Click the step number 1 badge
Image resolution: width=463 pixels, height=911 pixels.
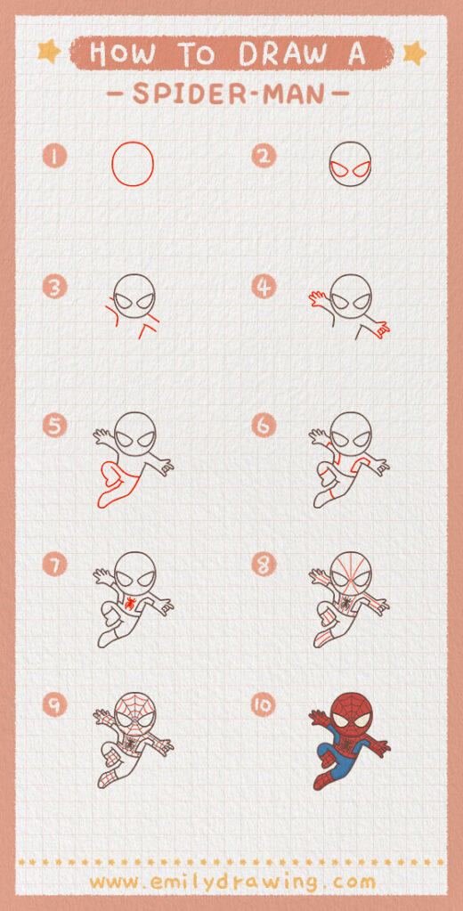(55, 158)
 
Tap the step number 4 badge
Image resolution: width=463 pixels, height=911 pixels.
(264, 288)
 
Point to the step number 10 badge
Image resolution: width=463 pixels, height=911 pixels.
(264, 705)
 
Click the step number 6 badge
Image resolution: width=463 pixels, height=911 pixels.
(264, 427)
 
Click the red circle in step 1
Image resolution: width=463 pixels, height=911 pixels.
(133, 164)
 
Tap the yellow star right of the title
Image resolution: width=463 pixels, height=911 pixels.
(414, 53)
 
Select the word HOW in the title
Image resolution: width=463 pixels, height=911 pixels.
(122, 53)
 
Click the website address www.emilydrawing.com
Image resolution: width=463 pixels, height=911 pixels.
(231, 882)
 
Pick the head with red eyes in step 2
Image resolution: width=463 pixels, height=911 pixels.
(350, 164)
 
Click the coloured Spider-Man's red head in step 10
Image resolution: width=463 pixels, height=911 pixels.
(350, 715)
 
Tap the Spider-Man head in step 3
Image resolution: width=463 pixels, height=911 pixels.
(135, 294)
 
